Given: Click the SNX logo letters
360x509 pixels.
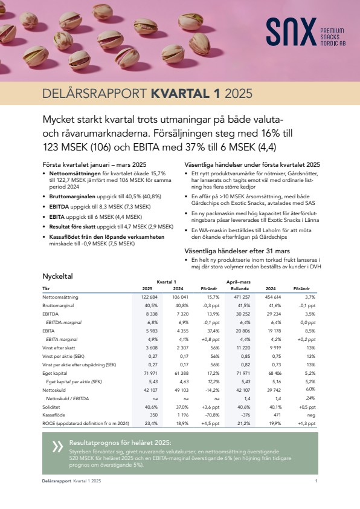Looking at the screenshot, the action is pos(291,32).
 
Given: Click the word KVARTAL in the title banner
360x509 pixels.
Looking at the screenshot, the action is pos(181,94).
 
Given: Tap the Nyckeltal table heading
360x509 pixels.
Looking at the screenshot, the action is pos(58,276).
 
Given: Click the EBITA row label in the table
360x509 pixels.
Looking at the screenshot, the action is pos(48,331).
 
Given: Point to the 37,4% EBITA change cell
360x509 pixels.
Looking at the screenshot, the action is pos(213,331).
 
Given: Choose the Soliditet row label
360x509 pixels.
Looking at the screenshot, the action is pos(51,407).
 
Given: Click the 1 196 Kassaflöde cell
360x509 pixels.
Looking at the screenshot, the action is pos(182,415).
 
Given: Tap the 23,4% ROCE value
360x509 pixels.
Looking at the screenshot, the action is pos(151,423).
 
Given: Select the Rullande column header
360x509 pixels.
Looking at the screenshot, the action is pos(240,288).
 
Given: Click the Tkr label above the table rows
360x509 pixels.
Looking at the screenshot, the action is pos(46,288).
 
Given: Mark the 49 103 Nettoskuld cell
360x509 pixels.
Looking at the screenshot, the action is pos(182,390).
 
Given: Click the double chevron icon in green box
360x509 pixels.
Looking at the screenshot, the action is pos(58,447).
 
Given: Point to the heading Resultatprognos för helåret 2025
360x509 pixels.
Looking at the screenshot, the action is pos(120,443).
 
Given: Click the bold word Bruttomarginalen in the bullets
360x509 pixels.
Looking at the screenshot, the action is pos(72,196).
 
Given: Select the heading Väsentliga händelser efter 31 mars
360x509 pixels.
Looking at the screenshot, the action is pos(237,251).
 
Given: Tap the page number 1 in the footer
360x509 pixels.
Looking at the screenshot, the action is pos(317,481).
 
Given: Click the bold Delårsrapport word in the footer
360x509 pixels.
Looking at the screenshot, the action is pos(56,481).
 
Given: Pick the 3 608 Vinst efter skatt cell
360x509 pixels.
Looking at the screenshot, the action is pos(151,348).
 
